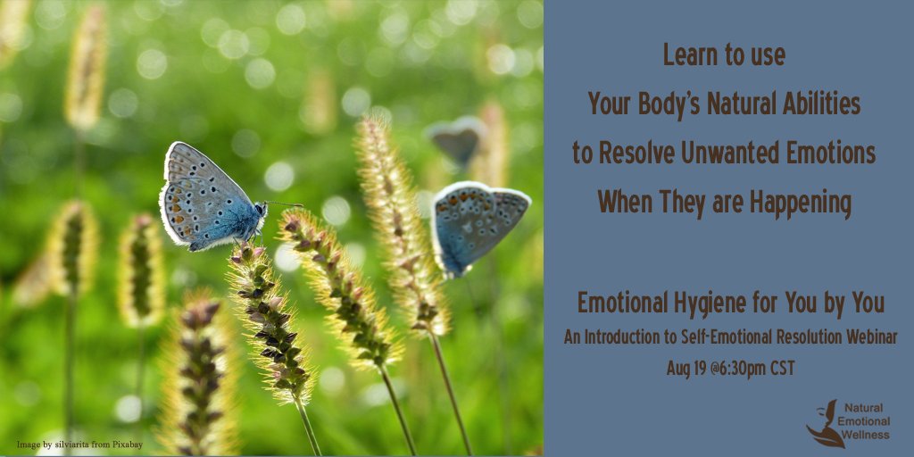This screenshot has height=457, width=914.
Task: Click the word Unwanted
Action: point(731,153)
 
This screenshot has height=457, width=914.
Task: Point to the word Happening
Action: point(801,202)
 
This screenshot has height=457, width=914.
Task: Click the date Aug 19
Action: point(685,367)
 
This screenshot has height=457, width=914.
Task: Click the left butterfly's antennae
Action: point(284,204)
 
